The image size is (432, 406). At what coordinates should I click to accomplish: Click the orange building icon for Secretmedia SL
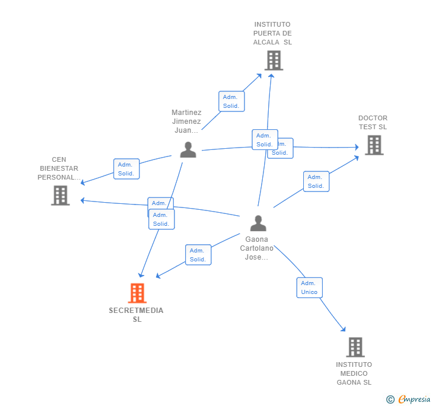tap(137, 293)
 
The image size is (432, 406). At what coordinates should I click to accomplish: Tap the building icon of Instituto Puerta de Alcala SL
tap(274, 60)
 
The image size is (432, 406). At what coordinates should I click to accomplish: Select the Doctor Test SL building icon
tap(374, 145)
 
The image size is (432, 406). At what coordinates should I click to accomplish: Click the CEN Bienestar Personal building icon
tap(61, 196)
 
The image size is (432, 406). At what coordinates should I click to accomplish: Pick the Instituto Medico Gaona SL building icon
tap(355, 347)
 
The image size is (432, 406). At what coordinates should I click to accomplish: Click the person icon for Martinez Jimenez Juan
tap(188, 150)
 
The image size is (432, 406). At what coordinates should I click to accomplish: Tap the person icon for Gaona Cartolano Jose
tap(258, 223)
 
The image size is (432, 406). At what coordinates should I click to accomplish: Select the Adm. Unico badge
tap(309, 287)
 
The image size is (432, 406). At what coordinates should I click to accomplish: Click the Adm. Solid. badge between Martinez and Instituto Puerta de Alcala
tap(231, 101)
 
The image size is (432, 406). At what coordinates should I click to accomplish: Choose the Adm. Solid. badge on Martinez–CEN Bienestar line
tap(126, 169)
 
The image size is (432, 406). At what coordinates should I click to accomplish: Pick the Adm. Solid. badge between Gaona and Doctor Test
tap(316, 181)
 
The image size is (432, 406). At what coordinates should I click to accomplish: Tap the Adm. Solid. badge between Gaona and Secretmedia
tap(198, 255)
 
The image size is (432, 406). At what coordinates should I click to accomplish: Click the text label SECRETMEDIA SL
tap(136, 315)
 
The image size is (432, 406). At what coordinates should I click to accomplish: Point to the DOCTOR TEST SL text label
tap(373, 122)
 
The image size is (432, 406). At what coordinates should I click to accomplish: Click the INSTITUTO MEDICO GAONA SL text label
tap(354, 373)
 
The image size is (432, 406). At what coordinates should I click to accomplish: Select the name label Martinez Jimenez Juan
tap(186, 121)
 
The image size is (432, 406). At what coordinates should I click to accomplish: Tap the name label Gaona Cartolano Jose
tap(257, 248)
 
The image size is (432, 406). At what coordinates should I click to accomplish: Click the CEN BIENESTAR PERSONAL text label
tap(59, 168)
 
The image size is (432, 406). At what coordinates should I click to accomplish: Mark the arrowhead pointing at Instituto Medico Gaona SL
tap(343, 329)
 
